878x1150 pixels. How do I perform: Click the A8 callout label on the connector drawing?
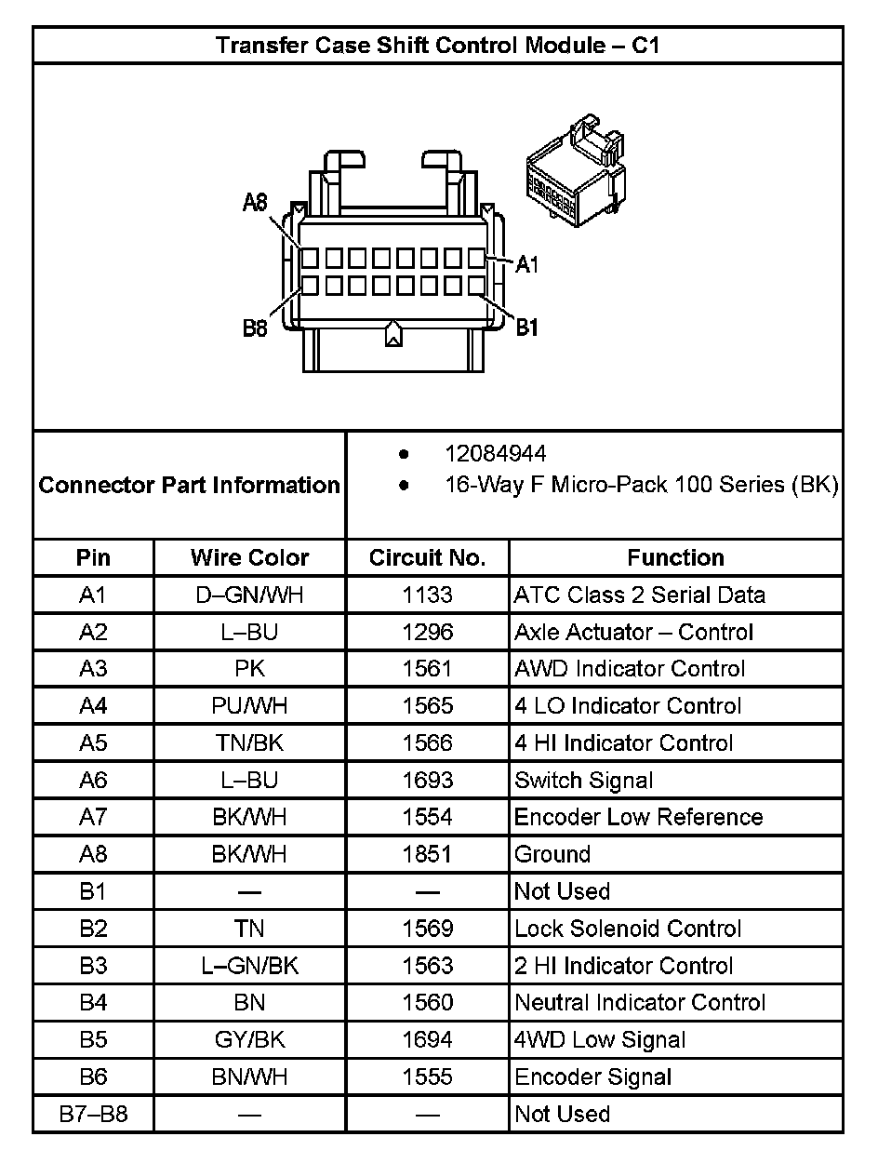pos(255,203)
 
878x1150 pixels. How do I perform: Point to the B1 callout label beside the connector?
pos(527,327)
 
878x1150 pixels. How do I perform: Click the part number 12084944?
pos(495,453)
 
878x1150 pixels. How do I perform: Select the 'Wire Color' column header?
pos(249,557)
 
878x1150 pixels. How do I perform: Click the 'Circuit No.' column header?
pos(427,557)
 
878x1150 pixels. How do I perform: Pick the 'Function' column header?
pos(675,557)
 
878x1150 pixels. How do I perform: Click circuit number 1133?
pos(427,595)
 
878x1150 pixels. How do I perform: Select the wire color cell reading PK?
pos(249,669)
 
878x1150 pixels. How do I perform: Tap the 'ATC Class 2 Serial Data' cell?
pos(640,595)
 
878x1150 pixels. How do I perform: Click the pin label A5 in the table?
pos(93,743)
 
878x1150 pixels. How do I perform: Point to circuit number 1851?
pos(427,854)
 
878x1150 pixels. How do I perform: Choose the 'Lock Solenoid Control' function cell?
pos(628,929)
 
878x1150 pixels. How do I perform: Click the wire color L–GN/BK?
pos(249,966)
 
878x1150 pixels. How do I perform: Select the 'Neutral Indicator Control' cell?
pos(640,1003)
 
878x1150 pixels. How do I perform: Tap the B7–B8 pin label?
pos(93,1114)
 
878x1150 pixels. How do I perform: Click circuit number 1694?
pos(427,1040)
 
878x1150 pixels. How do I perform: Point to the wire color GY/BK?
pos(249,1040)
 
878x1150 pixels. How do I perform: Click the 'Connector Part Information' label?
pos(190,485)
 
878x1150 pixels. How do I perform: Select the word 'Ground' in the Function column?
pos(552,854)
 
